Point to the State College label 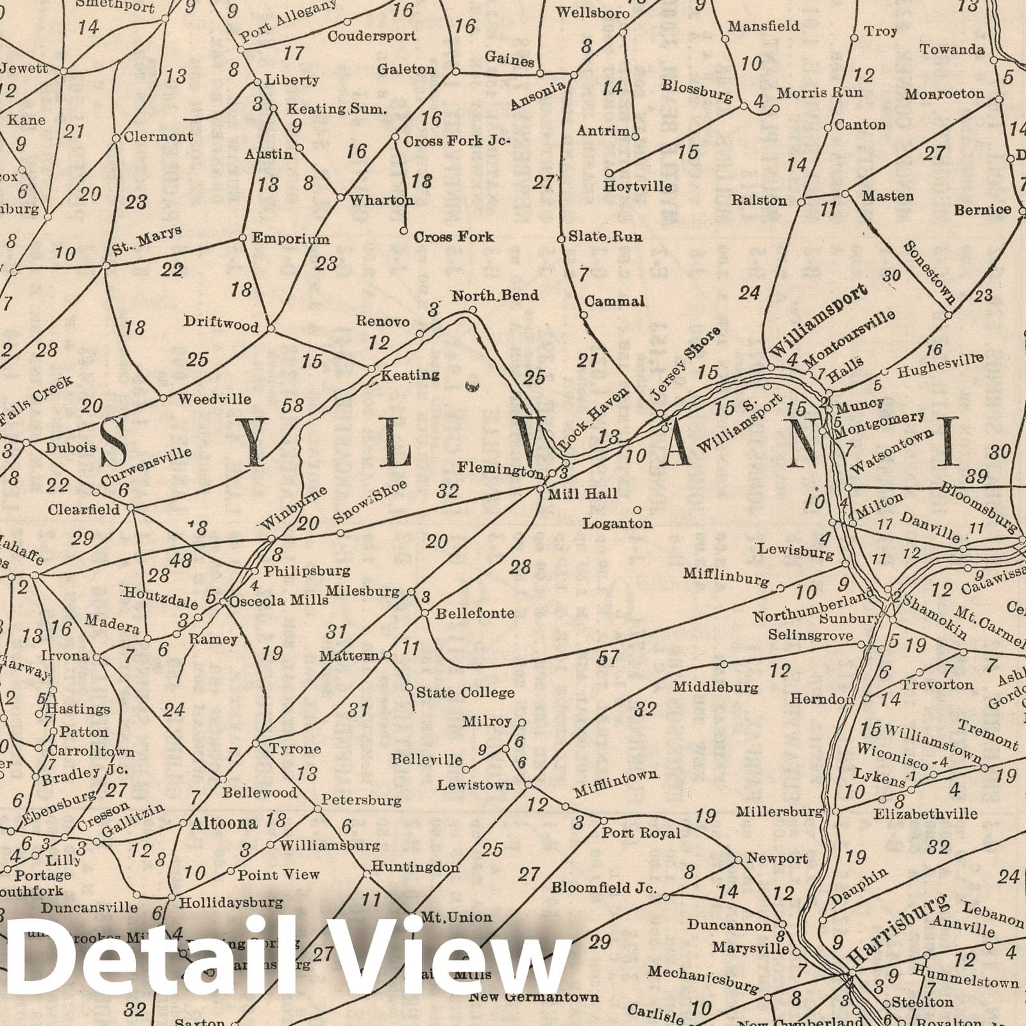pyautogui.click(x=465, y=693)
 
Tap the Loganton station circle pyautogui.click(x=637, y=510)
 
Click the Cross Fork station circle pyautogui.click(x=404, y=230)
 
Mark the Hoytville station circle pyautogui.click(x=609, y=172)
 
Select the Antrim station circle pyautogui.click(x=635, y=136)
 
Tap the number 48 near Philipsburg pyautogui.click(x=181, y=560)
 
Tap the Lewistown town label pyautogui.click(x=476, y=785)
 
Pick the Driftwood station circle pyautogui.click(x=271, y=328)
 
